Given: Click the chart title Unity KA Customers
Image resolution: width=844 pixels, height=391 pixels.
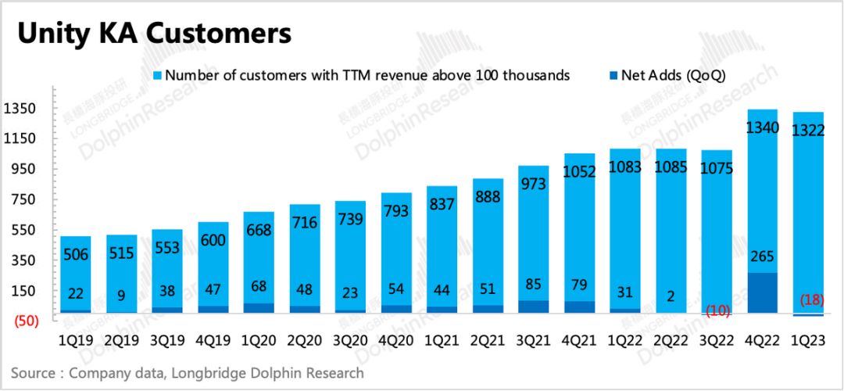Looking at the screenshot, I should point(155,34).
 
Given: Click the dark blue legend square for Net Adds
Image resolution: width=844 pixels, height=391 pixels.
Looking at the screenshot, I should point(611,76).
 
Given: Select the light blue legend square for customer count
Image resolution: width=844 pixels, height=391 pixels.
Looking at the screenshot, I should point(156,76).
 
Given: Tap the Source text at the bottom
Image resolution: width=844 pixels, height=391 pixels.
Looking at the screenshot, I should point(188,373).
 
